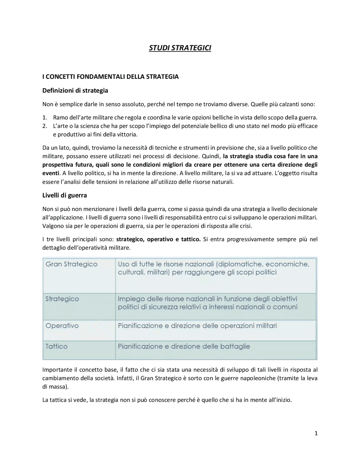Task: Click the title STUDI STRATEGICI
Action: (x=180, y=48)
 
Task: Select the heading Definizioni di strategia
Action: (x=75, y=91)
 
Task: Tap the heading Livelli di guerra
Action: (x=64, y=195)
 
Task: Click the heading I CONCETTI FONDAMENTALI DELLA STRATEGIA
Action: (x=110, y=77)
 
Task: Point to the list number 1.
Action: (x=44, y=117)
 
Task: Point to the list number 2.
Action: (x=44, y=126)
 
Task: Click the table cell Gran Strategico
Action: (x=71, y=264)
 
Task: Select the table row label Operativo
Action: (x=62, y=326)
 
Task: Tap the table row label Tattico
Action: (x=57, y=346)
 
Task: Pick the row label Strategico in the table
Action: (x=62, y=299)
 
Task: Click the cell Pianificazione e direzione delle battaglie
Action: (x=184, y=346)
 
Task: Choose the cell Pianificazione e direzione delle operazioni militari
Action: (x=197, y=326)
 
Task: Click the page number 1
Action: (x=316, y=434)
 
